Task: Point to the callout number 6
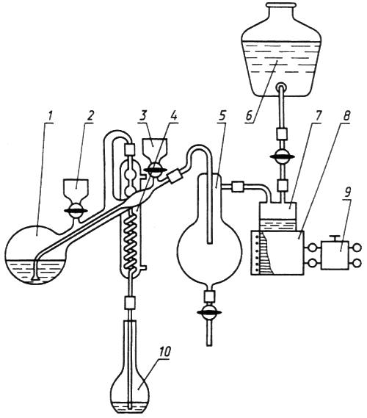click(250, 116)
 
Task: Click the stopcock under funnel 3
click(155, 170)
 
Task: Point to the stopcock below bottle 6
click(282, 156)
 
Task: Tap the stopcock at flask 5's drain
click(210, 312)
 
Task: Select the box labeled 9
click(335, 255)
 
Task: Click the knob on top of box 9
click(335, 238)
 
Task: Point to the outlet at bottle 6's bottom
click(281, 87)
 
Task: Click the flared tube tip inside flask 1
click(35, 278)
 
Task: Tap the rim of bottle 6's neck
click(282, 5)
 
